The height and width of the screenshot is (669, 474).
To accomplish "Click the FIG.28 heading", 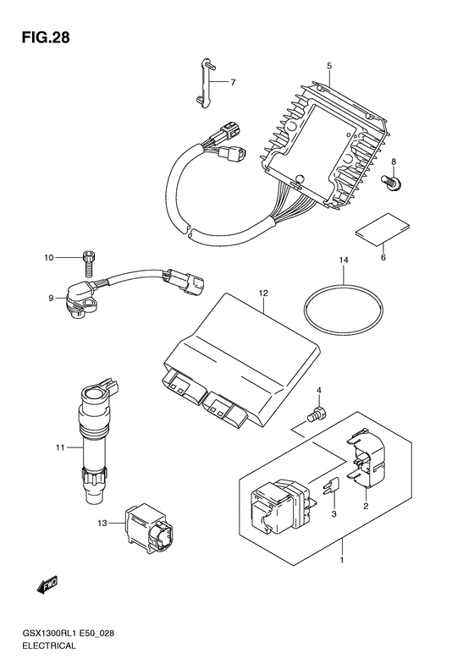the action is click(46, 37).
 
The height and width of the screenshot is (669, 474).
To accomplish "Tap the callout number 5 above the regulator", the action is click(329, 66).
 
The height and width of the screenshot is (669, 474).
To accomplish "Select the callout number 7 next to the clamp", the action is click(233, 82).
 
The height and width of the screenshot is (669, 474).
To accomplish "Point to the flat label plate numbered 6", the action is click(383, 229).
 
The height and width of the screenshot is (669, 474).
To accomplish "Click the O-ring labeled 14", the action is click(344, 306).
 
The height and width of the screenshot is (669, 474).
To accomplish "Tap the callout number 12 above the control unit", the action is click(263, 293).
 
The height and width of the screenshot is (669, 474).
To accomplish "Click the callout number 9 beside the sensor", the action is click(51, 299).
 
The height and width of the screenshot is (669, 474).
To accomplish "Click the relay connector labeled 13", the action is click(149, 526).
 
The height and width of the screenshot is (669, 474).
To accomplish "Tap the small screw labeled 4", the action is click(317, 414).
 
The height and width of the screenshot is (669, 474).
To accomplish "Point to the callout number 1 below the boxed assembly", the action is click(342, 560).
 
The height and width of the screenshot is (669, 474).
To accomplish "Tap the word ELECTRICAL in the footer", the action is click(49, 645).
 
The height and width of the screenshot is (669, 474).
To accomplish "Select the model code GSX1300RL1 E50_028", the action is click(68, 633).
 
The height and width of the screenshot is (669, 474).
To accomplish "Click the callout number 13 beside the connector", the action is click(102, 523).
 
